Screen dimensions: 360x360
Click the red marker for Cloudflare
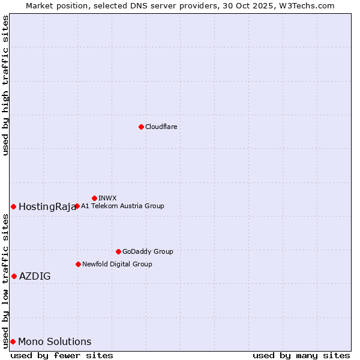pyautogui.click(x=141, y=127)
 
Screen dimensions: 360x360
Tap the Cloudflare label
pyautogui.click(x=161, y=127)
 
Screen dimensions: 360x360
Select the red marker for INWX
pyautogui.click(x=94, y=198)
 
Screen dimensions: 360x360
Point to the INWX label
pyautogui.click(x=107, y=198)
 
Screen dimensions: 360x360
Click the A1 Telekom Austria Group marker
pyautogui.click(x=77, y=206)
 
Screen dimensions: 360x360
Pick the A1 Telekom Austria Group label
pyautogui.click(x=122, y=206)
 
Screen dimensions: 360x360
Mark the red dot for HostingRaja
pyautogui.click(x=13, y=206)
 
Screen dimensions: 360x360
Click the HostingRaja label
pyautogui.click(x=47, y=207)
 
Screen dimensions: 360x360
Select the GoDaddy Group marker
pyautogui.click(x=118, y=251)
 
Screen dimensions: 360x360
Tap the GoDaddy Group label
pyautogui.click(x=148, y=252)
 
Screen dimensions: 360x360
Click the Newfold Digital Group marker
pyautogui.click(x=78, y=264)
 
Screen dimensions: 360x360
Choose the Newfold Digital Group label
pyautogui.click(x=117, y=265)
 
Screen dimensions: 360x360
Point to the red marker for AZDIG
pyautogui.click(x=14, y=276)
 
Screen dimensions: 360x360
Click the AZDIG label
pyautogui.click(x=35, y=277)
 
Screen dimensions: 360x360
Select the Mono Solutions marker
pyautogui.click(x=13, y=341)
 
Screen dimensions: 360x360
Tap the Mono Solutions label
pyautogui.click(x=55, y=342)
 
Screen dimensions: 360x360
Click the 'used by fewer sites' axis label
pyautogui.click(x=62, y=355)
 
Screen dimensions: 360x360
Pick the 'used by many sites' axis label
pyautogui.click(x=301, y=355)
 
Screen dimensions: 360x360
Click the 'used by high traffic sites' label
pyautogui.click(x=5, y=85)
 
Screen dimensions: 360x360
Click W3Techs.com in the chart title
pyautogui.click(x=305, y=5)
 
